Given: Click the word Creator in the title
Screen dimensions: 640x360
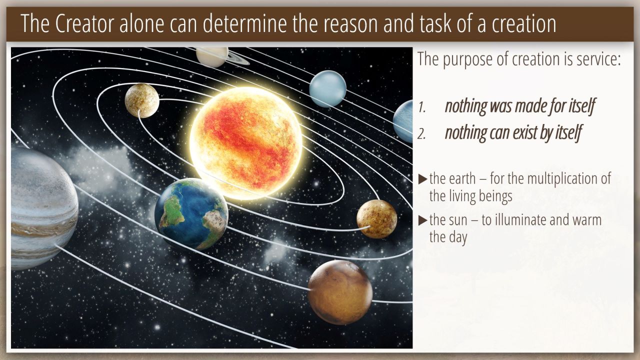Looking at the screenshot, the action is pos(84,23).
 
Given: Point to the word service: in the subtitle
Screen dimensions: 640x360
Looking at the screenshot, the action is pos(597,59).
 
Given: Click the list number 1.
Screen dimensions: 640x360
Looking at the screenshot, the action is pos(421,107).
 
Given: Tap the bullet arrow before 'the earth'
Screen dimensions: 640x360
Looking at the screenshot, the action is pos(422,179).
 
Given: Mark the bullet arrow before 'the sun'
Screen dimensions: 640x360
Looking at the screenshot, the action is pos(422,220).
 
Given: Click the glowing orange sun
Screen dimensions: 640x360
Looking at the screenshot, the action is pos(245,143).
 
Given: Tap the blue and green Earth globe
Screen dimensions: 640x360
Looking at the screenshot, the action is pos(191,214).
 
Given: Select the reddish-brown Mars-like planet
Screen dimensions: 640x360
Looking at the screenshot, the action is pos(340,292).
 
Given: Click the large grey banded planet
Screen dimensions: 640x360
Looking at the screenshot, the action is pos(43,208).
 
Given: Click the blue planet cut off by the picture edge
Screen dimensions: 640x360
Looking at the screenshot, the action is pos(403,121).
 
